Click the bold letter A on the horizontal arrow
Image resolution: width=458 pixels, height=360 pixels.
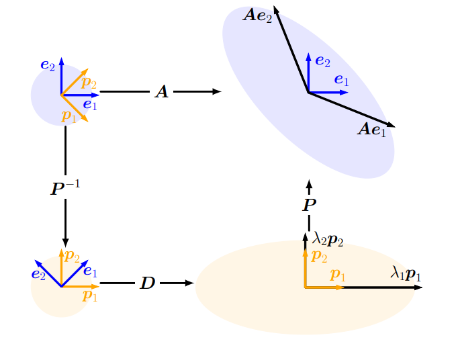[161, 92]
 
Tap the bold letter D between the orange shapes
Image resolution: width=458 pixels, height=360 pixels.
[147, 283]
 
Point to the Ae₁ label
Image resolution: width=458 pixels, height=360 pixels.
[371, 129]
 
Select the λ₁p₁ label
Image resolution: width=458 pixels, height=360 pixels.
[406, 273]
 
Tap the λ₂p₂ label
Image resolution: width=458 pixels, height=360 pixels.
[328, 239]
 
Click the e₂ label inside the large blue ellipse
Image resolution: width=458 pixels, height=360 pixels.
[322, 61]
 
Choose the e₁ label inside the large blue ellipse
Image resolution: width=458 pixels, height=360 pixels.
[341, 81]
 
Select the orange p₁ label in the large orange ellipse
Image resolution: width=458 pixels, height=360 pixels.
[338, 275]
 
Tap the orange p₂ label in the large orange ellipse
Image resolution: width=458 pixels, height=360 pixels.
[319, 257]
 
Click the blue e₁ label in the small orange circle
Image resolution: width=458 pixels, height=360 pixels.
[90, 272]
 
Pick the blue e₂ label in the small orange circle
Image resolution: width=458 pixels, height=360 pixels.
[38, 274]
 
